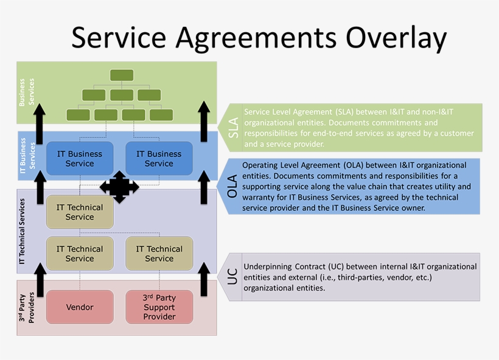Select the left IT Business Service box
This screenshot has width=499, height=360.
point(80,159)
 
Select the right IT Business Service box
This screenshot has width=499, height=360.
point(159,159)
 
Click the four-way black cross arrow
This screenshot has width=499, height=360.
point(119,187)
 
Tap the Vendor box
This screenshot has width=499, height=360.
point(80,307)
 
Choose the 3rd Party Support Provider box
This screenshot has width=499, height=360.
point(159,307)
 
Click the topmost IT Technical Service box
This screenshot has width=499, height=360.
point(80,212)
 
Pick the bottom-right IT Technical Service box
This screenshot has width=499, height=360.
point(159,254)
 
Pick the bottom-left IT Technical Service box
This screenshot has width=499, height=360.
point(80,254)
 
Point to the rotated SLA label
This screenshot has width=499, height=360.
point(233,128)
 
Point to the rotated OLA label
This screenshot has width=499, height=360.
point(232,186)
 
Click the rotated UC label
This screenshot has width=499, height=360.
point(232,277)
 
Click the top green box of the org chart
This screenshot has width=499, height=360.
point(122,75)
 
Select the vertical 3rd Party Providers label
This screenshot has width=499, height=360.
point(26,307)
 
